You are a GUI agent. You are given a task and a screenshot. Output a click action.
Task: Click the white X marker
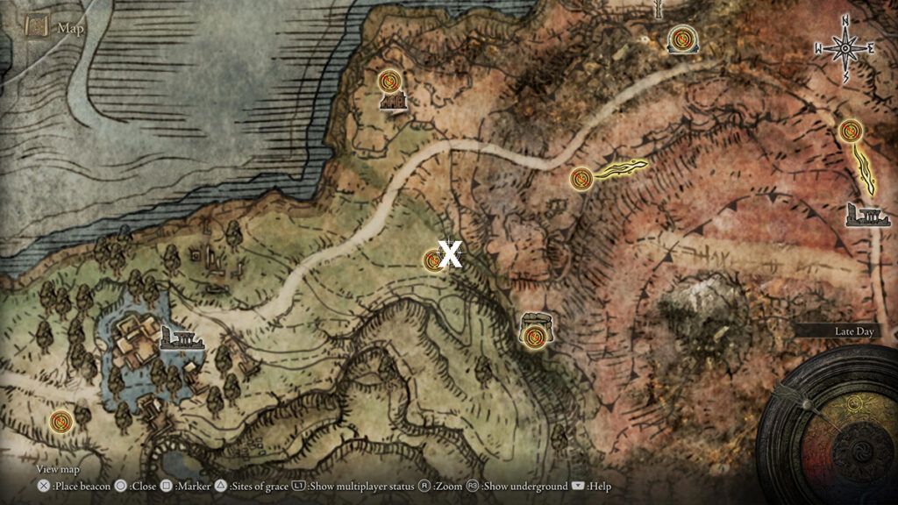tap(450, 255)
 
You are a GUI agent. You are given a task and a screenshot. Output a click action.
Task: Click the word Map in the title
tap(71, 28)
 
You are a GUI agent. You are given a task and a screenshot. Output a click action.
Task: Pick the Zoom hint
tap(446, 486)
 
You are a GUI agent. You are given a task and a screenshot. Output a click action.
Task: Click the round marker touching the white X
tap(433, 260)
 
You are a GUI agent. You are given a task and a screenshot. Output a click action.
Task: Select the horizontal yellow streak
tap(621, 169)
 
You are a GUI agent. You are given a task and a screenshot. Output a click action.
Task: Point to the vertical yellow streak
tap(866, 169)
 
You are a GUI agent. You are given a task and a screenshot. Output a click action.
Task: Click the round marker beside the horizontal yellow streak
tap(580, 179)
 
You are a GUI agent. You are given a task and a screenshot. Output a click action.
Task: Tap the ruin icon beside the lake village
tap(182, 338)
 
